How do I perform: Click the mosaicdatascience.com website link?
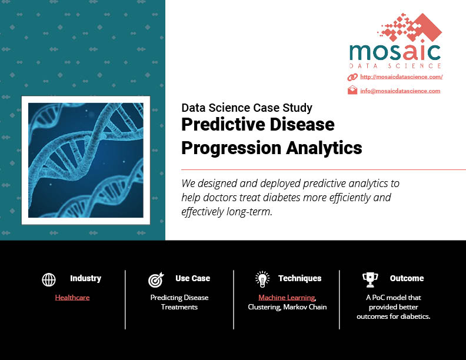tap(401, 77)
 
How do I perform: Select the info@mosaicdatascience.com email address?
tap(400, 91)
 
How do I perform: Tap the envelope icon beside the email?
tap(352, 89)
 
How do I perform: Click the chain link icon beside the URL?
tap(352, 77)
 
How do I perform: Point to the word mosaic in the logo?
tap(395, 52)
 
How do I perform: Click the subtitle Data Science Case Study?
tap(247, 108)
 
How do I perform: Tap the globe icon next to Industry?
tap(49, 279)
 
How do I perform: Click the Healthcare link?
tap(72, 297)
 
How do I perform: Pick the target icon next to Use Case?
tap(156, 279)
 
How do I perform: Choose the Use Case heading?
tap(192, 278)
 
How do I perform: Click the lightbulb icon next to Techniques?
tap(262, 279)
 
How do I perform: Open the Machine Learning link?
tap(287, 298)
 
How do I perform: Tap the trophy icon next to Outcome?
tap(370, 280)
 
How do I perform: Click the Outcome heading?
tap(407, 278)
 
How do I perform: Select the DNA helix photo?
tap(85, 161)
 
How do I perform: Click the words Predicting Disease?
tap(179, 298)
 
